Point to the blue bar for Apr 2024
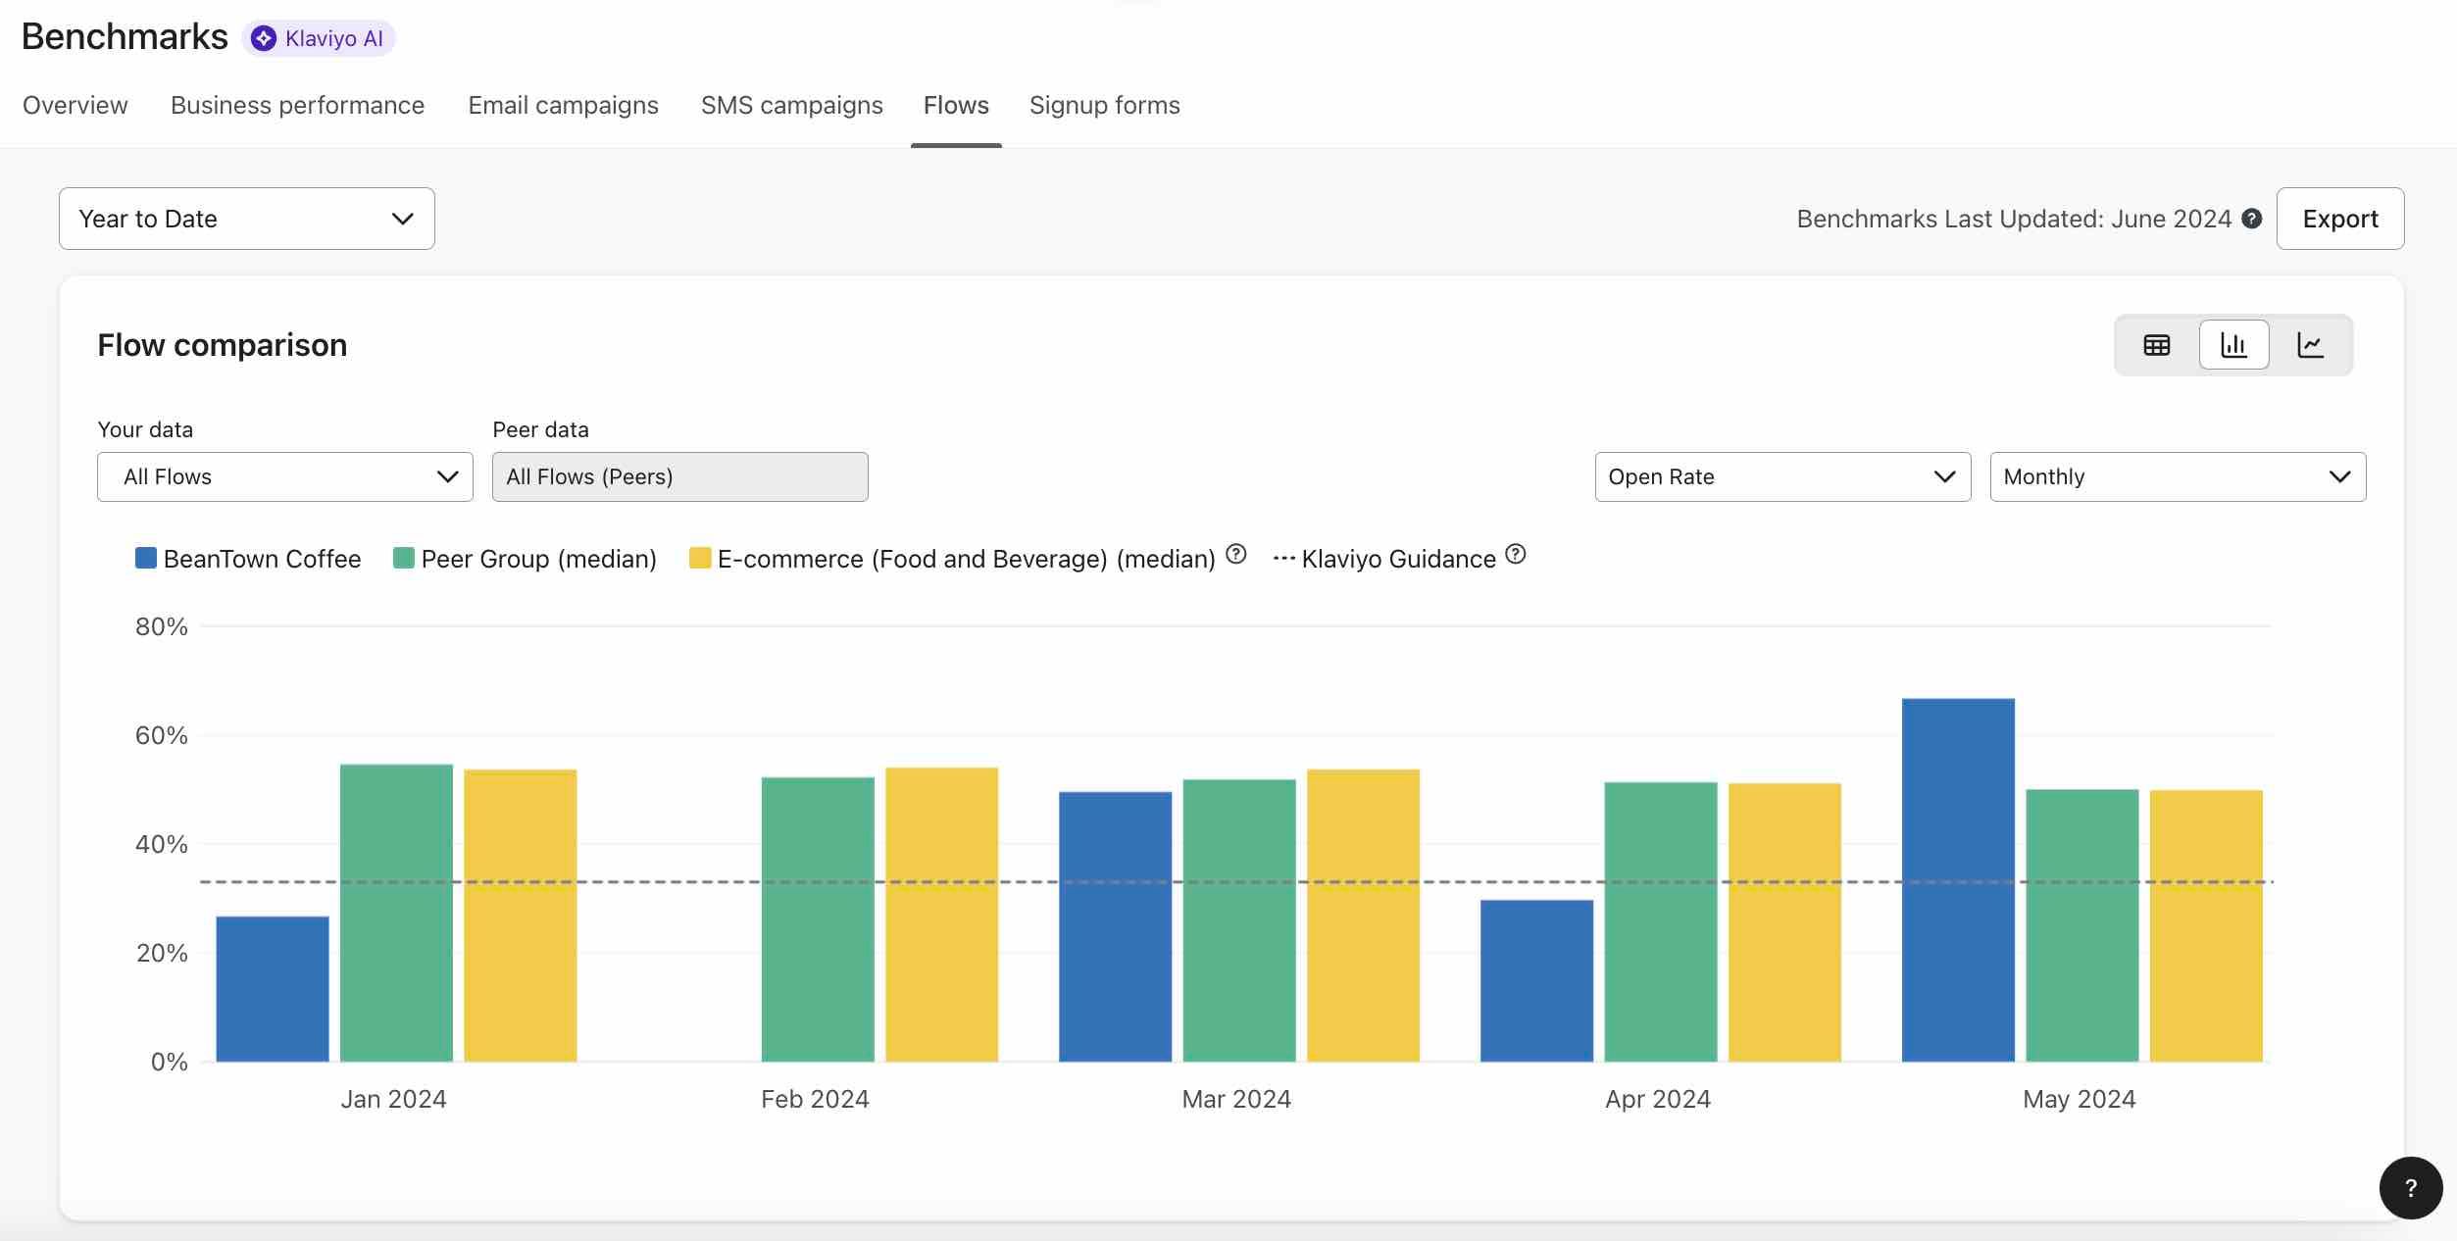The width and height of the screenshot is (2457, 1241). tap(1535, 980)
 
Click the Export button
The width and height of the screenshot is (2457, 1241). tap(2339, 219)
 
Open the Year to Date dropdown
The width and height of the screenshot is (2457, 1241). tap(246, 219)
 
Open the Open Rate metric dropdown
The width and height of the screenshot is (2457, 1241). tap(1781, 476)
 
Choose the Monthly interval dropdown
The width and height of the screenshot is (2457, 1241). tap(2177, 476)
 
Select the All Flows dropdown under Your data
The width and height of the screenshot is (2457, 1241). tap(284, 476)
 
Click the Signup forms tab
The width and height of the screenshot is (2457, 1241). tap(1104, 105)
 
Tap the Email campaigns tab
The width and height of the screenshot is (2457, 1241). tap(563, 105)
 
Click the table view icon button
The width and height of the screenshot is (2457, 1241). tap(2156, 345)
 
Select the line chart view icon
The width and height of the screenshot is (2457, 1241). tap(2310, 345)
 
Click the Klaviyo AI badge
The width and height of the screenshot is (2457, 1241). tap(319, 38)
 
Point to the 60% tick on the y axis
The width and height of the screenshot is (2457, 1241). tap(161, 735)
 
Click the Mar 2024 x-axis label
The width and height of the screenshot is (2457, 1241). tap(1235, 1099)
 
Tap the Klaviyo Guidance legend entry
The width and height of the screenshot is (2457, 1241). tap(1397, 559)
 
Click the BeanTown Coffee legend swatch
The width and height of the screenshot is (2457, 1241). tap(146, 558)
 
